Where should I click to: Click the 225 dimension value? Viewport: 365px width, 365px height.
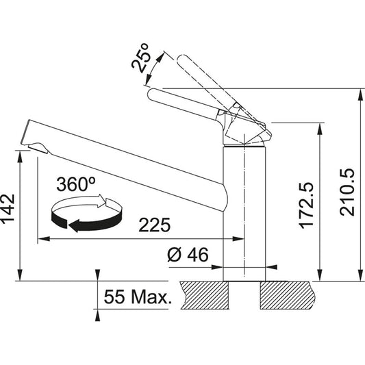coord(154,225)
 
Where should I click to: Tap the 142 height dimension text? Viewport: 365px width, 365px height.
coord(8,209)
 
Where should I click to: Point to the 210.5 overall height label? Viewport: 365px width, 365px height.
coord(347,192)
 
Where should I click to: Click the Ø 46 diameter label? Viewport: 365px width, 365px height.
coord(188,255)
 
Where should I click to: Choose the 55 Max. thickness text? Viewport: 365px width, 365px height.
coord(138,297)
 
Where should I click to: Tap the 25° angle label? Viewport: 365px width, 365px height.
coord(140,58)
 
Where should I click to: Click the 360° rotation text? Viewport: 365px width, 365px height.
coord(76,184)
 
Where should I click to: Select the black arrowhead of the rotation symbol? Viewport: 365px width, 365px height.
coord(75,225)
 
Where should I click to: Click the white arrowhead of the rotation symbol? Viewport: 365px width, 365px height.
coord(101,200)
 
